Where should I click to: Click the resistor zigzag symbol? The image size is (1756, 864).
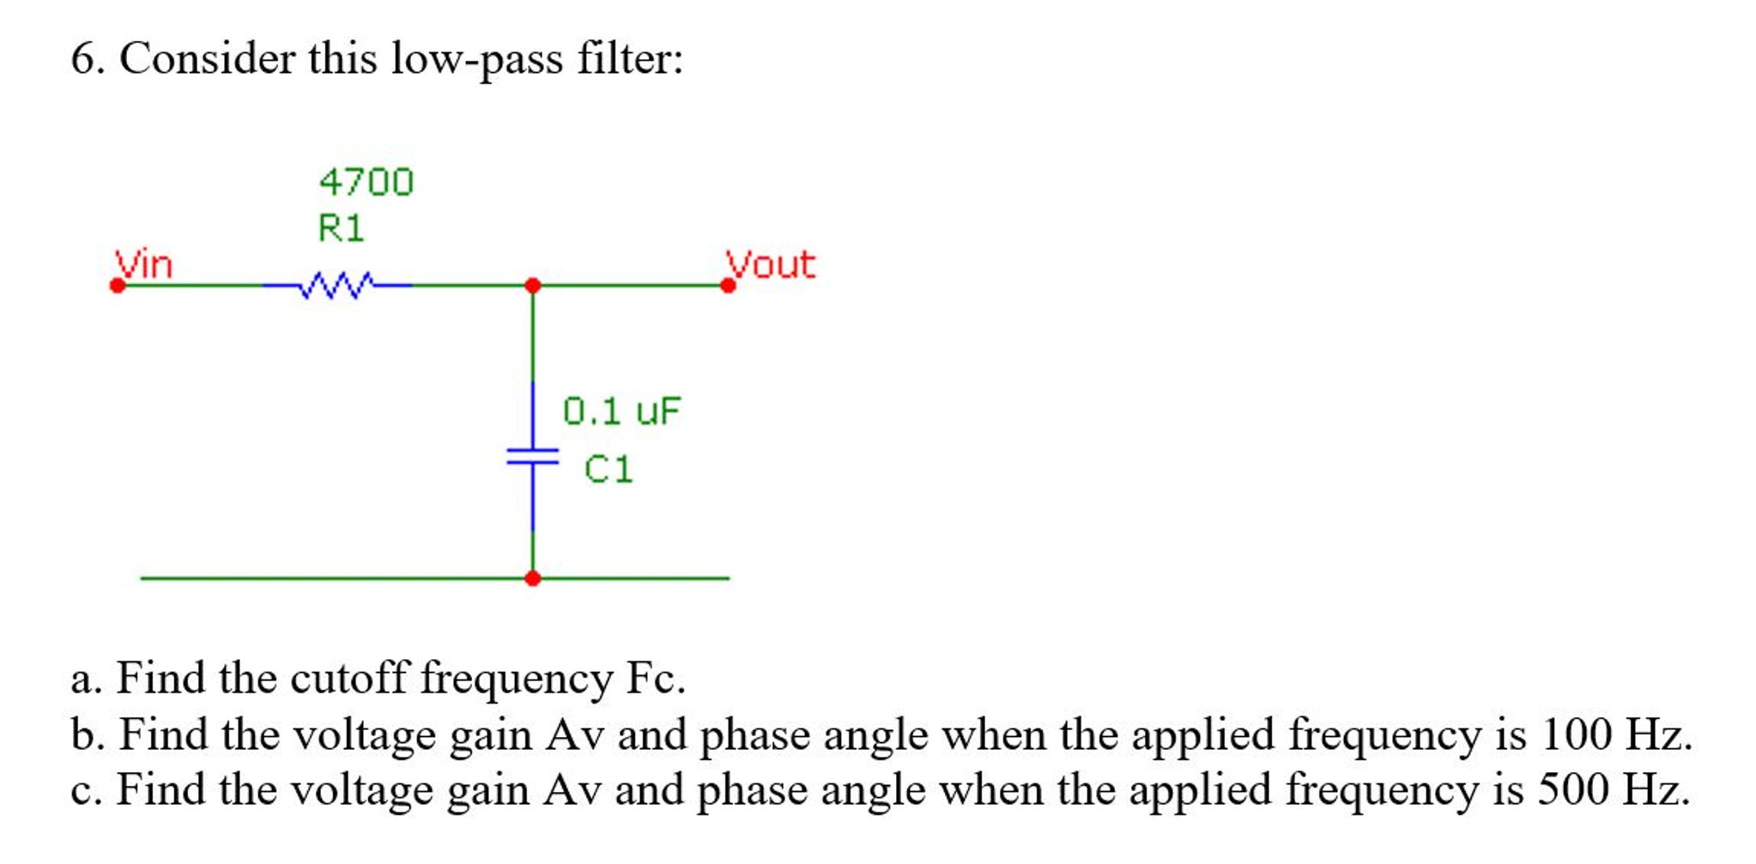coord(337,285)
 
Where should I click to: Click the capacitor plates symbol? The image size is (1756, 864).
coord(532,456)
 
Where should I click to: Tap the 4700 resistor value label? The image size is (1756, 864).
coord(366,182)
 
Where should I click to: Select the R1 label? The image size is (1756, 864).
coord(341,228)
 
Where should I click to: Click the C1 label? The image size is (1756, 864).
coord(609,469)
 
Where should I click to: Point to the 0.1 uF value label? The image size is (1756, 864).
coord(621,411)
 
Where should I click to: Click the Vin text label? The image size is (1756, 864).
coord(145,264)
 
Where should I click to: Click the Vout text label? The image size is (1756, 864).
coord(771,264)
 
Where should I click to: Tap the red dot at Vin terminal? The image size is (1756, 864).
coord(118,286)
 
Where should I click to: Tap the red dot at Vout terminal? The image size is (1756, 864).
coord(728,286)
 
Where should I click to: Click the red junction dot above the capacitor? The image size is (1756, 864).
coord(532,285)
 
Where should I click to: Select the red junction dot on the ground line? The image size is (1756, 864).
coord(532,578)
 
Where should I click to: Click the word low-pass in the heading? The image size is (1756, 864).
coord(477,60)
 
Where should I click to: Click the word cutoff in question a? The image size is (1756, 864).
coord(348,678)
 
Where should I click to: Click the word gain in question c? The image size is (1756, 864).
coord(487,791)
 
